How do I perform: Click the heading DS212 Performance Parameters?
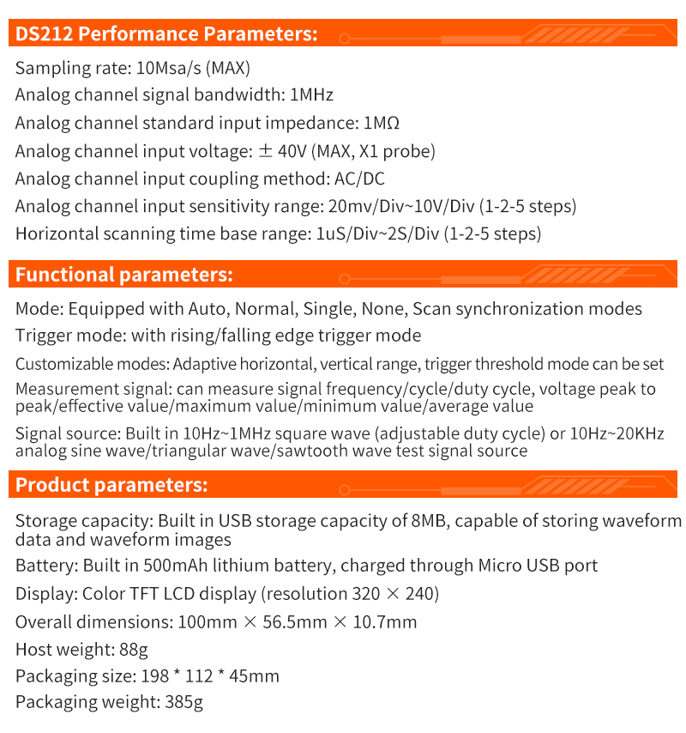click(166, 34)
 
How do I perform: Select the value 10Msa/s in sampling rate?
click(167, 68)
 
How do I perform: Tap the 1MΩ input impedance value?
click(382, 123)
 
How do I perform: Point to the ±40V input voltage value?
click(282, 151)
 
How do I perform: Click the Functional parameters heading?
click(124, 275)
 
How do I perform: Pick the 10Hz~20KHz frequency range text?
click(627, 433)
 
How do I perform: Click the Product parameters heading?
click(111, 485)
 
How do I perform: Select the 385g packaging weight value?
click(183, 702)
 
